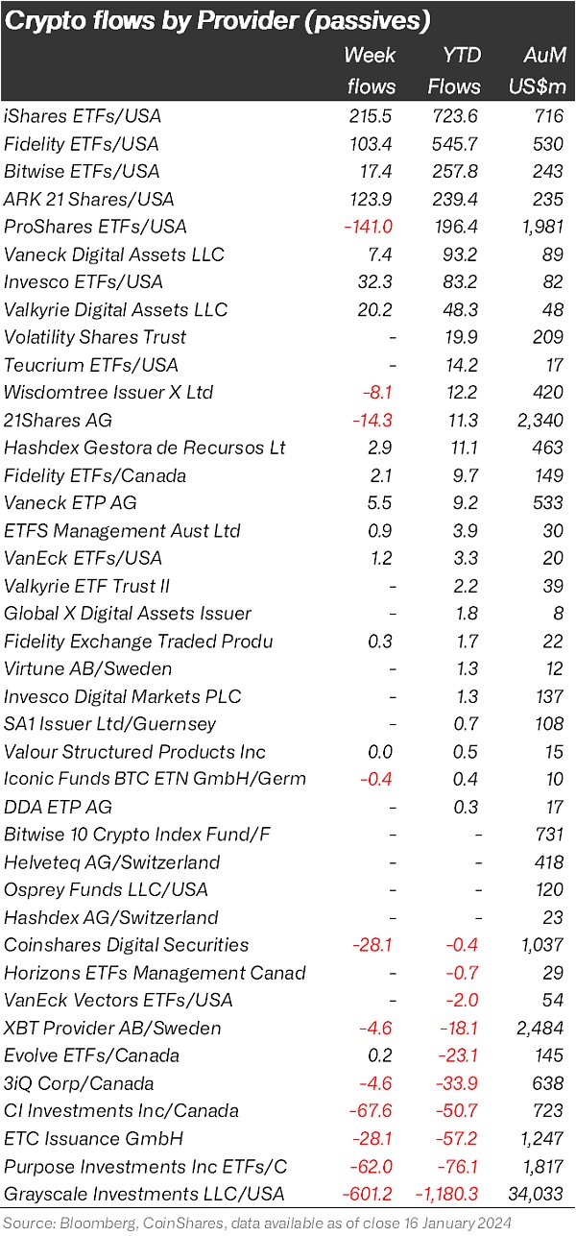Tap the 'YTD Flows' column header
(454, 70)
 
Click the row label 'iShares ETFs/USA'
(83, 116)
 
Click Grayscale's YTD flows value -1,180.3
(444, 1195)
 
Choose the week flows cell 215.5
(373, 116)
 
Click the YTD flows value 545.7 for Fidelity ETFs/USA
(455, 144)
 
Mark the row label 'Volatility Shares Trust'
(95, 337)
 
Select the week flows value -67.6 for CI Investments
(373, 1111)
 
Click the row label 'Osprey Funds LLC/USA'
(106, 890)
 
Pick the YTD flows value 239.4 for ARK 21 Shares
(455, 199)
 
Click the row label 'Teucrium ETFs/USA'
(91, 365)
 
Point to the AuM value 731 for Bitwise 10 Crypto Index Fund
(549, 835)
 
